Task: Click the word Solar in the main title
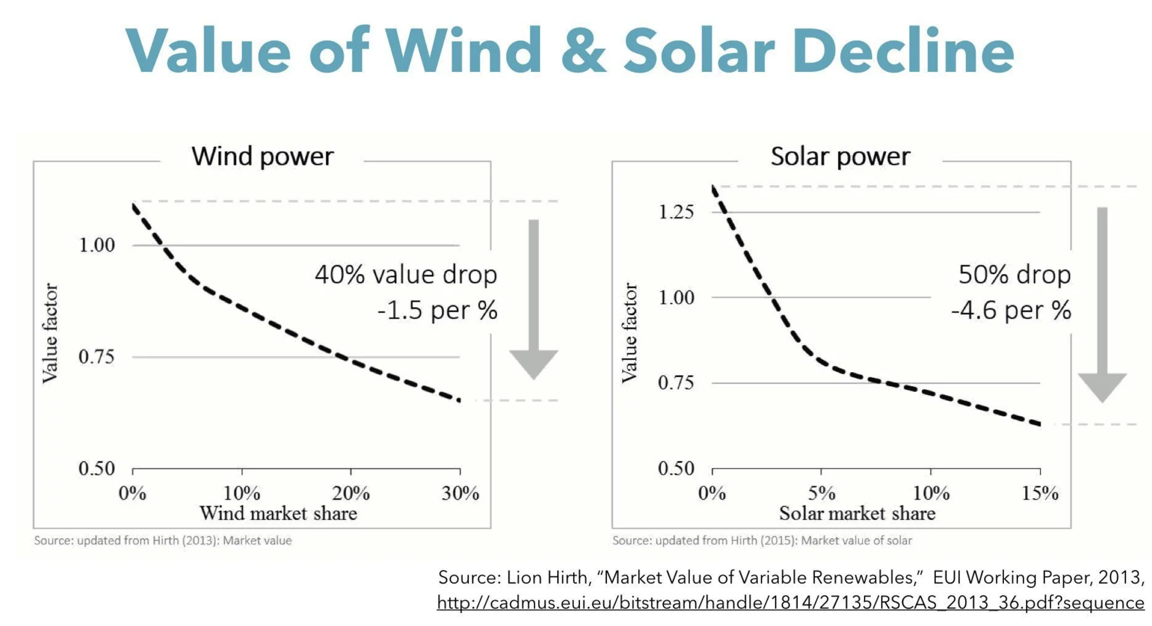(x=699, y=50)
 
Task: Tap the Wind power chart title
(x=263, y=157)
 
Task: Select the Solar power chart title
(x=840, y=157)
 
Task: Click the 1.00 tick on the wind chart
(x=97, y=245)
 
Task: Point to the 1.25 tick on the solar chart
(x=676, y=212)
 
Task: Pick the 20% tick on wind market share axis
(x=351, y=493)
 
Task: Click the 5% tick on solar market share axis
(x=821, y=493)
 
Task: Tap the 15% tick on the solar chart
(x=1040, y=493)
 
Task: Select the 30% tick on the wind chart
(x=460, y=493)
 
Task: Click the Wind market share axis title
(x=278, y=513)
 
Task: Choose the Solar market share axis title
(x=857, y=513)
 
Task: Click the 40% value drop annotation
(x=406, y=275)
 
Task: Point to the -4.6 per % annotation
(x=1011, y=310)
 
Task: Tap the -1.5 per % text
(x=437, y=310)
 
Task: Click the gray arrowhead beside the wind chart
(x=533, y=363)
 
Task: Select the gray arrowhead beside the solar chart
(x=1102, y=386)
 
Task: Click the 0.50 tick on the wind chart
(x=97, y=469)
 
